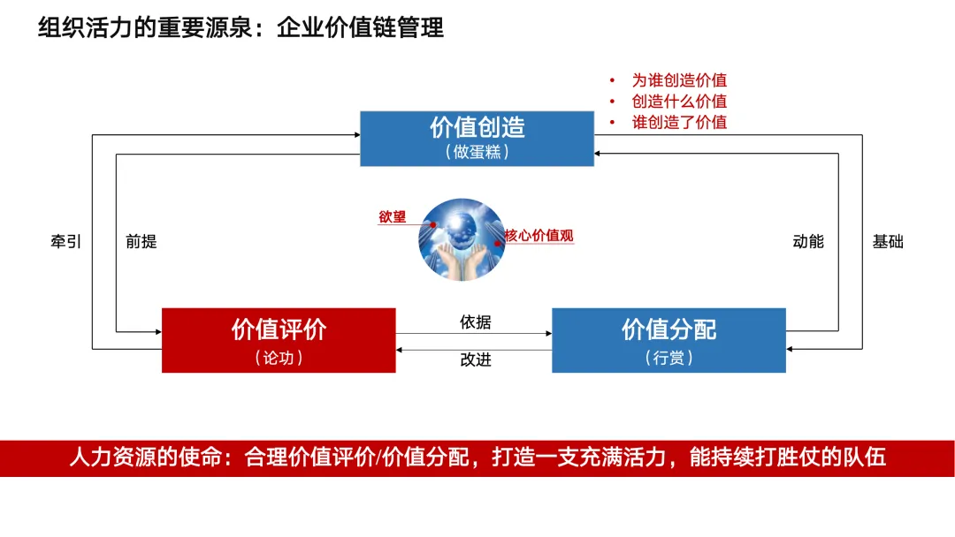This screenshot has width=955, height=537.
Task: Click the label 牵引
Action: pyautogui.click(x=66, y=241)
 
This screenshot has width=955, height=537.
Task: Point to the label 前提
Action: pyautogui.click(x=141, y=241)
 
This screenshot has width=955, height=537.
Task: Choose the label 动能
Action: pyautogui.click(x=808, y=241)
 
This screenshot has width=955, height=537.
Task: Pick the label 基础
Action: pyautogui.click(x=888, y=241)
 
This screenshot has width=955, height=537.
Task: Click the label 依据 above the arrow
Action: pyautogui.click(x=475, y=322)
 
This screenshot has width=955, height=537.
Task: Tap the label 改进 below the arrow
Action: pyautogui.click(x=475, y=359)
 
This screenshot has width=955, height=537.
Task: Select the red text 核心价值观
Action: pyautogui.click(x=539, y=236)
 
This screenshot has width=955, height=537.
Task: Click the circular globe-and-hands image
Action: pyautogui.click(x=461, y=240)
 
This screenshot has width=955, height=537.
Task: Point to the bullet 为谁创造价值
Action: pyautogui.click(x=679, y=80)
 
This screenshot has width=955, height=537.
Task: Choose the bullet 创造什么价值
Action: pyautogui.click(x=679, y=102)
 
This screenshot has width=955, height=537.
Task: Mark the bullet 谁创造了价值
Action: pyautogui.click(x=679, y=123)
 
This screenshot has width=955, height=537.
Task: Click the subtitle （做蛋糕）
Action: pyautogui.click(x=477, y=152)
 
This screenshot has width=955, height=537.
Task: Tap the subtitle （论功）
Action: pyautogui.click(x=279, y=358)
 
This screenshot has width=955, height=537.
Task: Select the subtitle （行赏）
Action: pyautogui.click(x=668, y=358)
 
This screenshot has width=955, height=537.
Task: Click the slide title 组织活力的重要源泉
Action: pyautogui.click(x=147, y=28)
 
